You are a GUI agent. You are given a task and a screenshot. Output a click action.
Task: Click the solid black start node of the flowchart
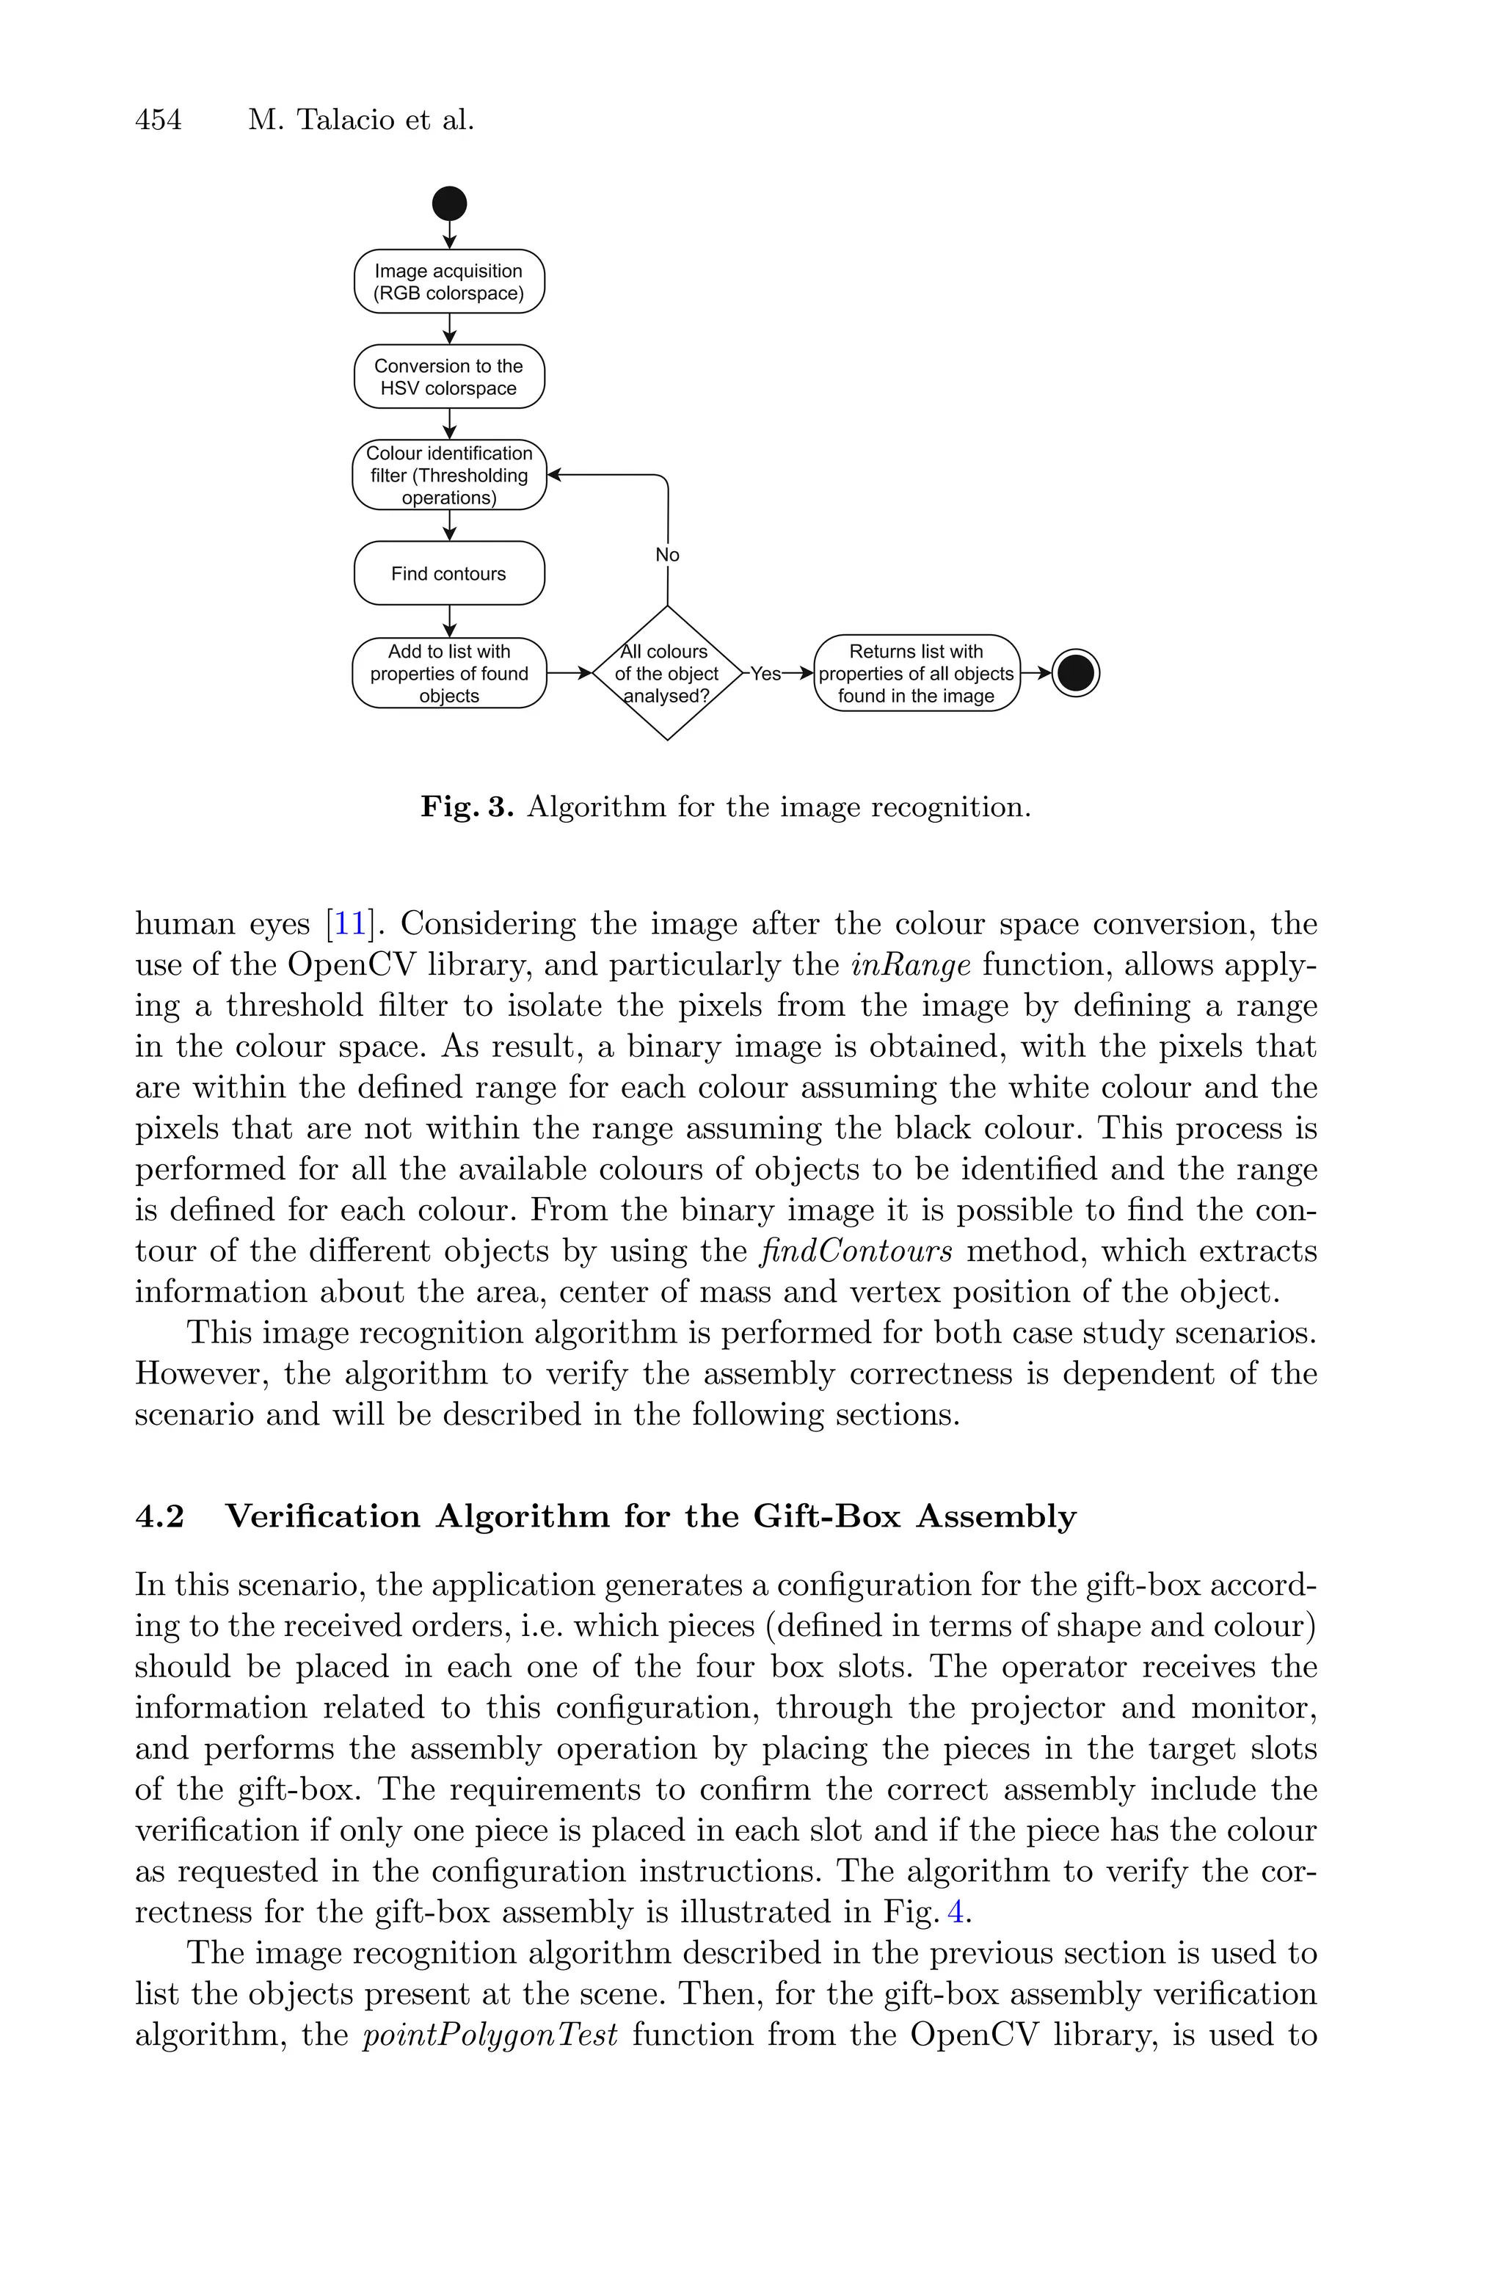(x=450, y=203)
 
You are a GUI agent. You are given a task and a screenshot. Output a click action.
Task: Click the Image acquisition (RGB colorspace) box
(x=448, y=282)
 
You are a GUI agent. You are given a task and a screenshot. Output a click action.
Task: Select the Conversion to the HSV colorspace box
(x=448, y=377)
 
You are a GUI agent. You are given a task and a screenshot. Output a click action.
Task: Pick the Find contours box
(x=448, y=573)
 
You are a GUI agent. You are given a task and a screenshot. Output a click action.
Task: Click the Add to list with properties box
(x=448, y=673)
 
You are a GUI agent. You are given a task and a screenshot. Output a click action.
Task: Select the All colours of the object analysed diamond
(x=667, y=673)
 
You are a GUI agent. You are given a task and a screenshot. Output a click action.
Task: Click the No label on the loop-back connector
(x=667, y=555)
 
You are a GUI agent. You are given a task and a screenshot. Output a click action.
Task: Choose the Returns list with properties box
(x=917, y=673)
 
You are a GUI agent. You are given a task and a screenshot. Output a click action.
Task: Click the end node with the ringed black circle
(x=1075, y=673)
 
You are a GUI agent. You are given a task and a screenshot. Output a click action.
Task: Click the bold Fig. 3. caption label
(x=467, y=807)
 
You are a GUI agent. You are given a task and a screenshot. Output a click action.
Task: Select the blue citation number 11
(x=350, y=924)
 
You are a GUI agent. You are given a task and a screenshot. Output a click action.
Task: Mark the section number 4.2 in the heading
(x=159, y=1517)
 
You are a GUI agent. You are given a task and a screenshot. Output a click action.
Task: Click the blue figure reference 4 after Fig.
(x=955, y=1913)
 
